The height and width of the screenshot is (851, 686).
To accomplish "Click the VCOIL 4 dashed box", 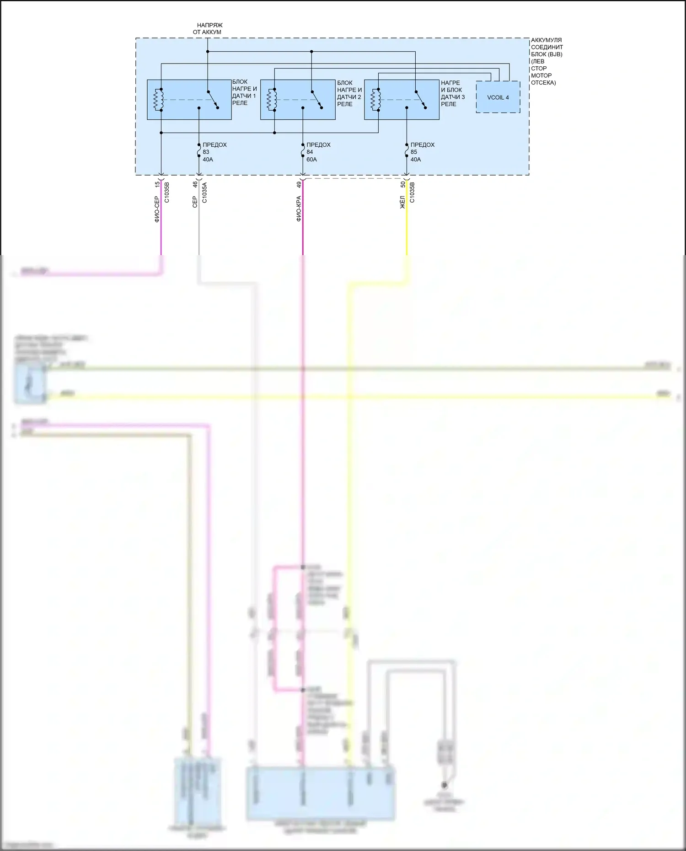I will tap(498, 97).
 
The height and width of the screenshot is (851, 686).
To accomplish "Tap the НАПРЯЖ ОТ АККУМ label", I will tap(208, 29).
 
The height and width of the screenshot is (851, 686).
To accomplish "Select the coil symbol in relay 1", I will tap(158, 100).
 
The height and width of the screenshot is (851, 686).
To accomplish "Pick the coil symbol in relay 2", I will tap(272, 100).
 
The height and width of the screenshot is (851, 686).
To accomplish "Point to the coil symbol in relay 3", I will tap(375, 100).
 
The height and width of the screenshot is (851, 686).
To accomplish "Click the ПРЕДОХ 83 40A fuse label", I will tap(214, 152).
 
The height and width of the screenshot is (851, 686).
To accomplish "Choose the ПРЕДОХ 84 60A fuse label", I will tap(318, 152).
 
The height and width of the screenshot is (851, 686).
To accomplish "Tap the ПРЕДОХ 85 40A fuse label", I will tap(422, 152).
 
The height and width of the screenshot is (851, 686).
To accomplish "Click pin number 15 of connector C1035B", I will tap(157, 184).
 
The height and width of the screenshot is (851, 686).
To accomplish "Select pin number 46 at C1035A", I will tap(195, 184).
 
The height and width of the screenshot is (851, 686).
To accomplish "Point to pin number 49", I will tap(299, 184).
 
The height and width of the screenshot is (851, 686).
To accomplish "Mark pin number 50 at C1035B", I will tap(402, 184).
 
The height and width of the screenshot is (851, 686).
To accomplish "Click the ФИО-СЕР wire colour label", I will tap(157, 209).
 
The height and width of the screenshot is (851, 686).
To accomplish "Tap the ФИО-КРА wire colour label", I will tap(299, 209).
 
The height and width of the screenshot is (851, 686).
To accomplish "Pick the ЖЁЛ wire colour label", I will tap(402, 202).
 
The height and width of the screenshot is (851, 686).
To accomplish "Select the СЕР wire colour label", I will tap(195, 202).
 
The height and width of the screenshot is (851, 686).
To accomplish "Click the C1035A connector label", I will tap(204, 193).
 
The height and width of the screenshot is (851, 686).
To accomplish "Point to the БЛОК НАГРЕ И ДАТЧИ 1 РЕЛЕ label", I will tap(244, 92).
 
